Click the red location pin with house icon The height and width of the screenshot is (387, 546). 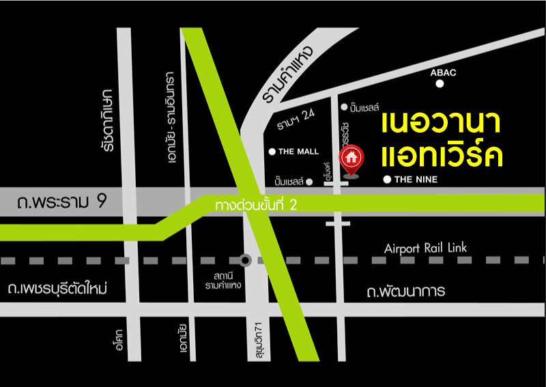click(x=351, y=159)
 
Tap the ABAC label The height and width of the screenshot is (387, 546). click(x=443, y=72)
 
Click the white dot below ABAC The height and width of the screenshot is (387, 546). click(x=440, y=84)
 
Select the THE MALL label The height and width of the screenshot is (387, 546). click(x=298, y=152)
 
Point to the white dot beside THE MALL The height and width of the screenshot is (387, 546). click(x=272, y=152)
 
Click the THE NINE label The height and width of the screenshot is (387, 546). click(x=416, y=180)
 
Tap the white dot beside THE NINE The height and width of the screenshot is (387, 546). click(x=387, y=180)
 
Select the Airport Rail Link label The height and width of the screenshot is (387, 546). click(x=426, y=248)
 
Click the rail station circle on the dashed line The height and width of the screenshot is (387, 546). click(x=245, y=260)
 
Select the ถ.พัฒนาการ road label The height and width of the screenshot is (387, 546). click(x=405, y=292)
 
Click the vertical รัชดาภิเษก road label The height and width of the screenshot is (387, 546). click(x=104, y=120)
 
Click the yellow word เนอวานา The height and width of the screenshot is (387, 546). click(x=442, y=123)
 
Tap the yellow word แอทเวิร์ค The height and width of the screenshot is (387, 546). click(x=442, y=155)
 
